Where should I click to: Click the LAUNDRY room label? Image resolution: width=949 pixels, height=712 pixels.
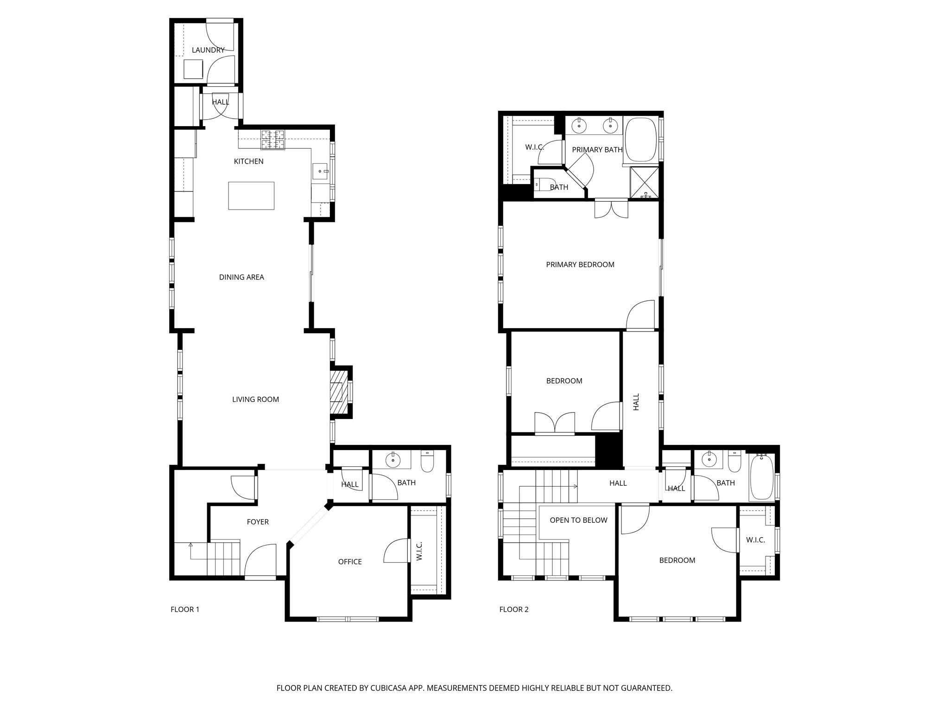point(208,50)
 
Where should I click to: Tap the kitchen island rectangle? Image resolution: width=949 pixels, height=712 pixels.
point(251,196)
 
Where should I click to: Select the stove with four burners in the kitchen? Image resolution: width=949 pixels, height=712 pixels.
point(272,140)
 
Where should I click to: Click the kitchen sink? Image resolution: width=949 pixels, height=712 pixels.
point(320,171)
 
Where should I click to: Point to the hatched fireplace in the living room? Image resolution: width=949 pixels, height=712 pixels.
point(338,391)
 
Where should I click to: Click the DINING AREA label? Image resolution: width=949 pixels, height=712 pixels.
point(241,277)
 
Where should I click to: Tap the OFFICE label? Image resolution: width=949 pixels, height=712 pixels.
point(350,562)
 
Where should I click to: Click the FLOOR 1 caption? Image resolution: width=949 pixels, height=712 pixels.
point(185,610)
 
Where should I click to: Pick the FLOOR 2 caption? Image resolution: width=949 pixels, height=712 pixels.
point(514,610)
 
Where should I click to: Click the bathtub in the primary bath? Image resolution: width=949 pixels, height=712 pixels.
point(641,139)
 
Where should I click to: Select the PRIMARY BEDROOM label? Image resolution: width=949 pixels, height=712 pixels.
point(580,265)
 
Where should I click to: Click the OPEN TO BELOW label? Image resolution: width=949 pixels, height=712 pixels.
point(578,520)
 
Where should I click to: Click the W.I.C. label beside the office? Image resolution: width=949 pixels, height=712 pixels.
point(420,551)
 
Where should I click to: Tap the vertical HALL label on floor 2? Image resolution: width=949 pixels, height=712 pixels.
point(636,401)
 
